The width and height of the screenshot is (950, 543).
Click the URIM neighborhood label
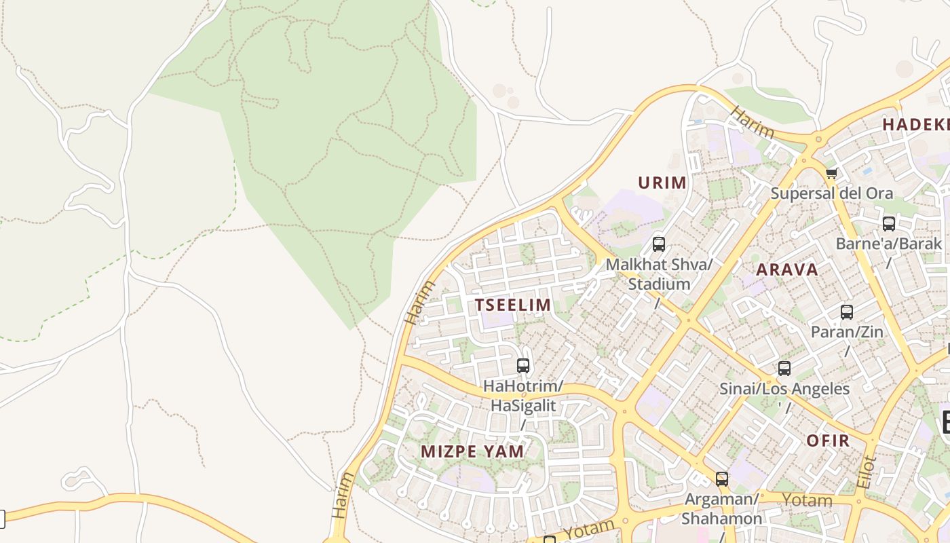tap(662, 183)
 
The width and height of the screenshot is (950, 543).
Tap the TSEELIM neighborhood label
tap(513, 305)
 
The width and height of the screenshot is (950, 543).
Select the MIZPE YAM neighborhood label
tap(472, 451)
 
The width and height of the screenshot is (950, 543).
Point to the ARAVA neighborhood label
tap(787, 269)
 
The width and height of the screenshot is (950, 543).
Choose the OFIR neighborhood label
tap(828, 441)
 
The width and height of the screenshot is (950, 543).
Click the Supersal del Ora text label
tap(831, 193)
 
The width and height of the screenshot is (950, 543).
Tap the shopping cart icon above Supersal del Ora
tap(832, 173)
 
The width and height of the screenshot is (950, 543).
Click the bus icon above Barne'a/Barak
tap(888, 223)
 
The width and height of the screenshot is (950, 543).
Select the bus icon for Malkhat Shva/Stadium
tap(658, 244)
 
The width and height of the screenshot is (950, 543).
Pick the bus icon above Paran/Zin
tap(847, 312)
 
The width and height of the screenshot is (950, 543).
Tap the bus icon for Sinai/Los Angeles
tap(784, 369)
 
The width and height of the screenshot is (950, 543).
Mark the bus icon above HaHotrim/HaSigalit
tap(523, 366)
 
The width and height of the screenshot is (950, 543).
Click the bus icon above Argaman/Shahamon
tap(722, 479)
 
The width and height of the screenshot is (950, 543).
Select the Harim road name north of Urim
tap(751, 123)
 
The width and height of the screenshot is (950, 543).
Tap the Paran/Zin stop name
tap(847, 333)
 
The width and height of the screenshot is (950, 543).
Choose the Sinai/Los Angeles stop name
tap(784, 389)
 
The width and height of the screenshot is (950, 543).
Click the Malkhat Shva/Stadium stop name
tap(658, 274)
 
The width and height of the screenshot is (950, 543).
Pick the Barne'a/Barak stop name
tap(888, 244)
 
